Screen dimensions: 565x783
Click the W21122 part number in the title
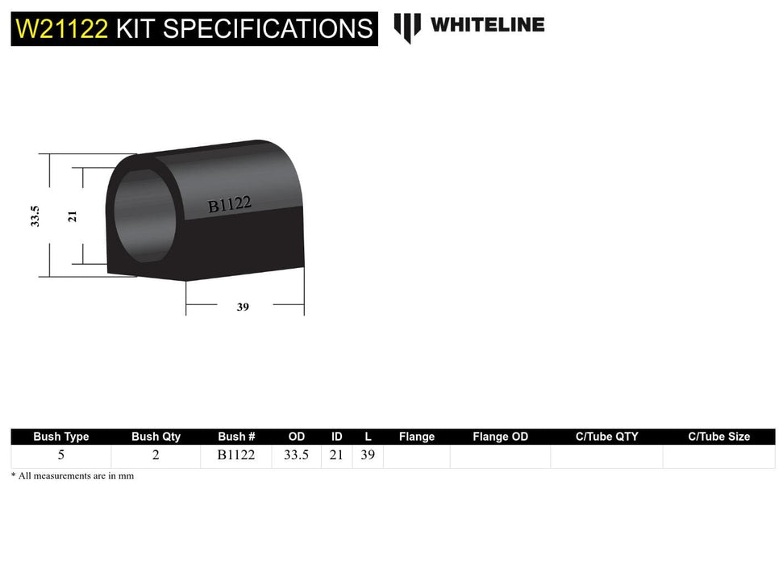pyautogui.click(x=62, y=29)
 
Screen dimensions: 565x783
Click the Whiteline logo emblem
pyautogui.click(x=407, y=27)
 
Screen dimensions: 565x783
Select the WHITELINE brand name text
pyautogui.click(x=487, y=25)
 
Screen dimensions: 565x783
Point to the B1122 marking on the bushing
pyautogui.click(x=230, y=205)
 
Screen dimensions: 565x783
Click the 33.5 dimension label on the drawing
pyautogui.click(x=35, y=216)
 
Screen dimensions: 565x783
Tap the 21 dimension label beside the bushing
pyautogui.click(x=73, y=216)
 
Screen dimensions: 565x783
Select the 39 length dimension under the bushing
pyautogui.click(x=243, y=307)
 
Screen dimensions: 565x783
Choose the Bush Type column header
pyautogui.click(x=61, y=437)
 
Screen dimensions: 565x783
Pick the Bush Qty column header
pyautogui.click(x=156, y=437)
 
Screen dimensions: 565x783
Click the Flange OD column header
pyautogui.click(x=500, y=437)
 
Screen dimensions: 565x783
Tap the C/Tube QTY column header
pyautogui.click(x=606, y=437)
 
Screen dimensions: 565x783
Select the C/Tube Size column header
pyautogui.click(x=718, y=437)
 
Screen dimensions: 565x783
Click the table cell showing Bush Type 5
pyautogui.click(x=61, y=455)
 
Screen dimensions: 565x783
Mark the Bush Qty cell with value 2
pyautogui.click(x=156, y=455)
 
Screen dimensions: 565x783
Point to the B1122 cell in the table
pyautogui.click(x=236, y=455)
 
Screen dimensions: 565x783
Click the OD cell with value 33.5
pyautogui.click(x=296, y=455)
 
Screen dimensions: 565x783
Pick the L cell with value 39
pyautogui.click(x=368, y=455)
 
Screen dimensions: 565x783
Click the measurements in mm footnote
pyautogui.click(x=73, y=476)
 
